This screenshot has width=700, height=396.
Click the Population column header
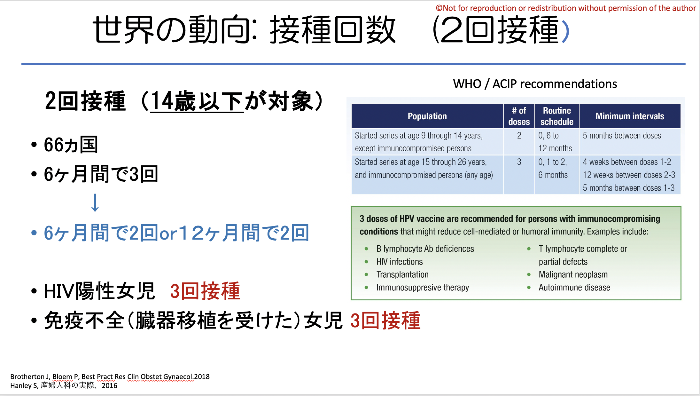click(x=427, y=116)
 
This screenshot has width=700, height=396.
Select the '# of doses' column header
click(x=519, y=116)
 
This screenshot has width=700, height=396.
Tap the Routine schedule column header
click(x=557, y=116)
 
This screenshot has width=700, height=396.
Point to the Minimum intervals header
click(x=630, y=116)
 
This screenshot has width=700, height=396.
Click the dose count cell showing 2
click(x=519, y=136)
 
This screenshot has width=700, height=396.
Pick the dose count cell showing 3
click(x=519, y=162)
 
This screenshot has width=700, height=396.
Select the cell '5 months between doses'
click(x=622, y=136)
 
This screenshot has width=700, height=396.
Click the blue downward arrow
click(x=95, y=202)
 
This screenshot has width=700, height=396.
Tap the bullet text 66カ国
click(x=71, y=145)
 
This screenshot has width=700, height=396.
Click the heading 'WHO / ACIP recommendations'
click(x=535, y=84)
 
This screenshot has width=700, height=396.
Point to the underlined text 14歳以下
click(x=197, y=101)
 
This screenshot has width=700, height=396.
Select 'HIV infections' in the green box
click(x=400, y=262)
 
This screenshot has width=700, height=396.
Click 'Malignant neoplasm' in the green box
click(x=573, y=274)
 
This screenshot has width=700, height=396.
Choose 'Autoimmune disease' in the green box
click(x=574, y=288)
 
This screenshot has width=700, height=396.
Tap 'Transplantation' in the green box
click(x=402, y=274)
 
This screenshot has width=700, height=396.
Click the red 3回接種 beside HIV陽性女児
click(x=205, y=291)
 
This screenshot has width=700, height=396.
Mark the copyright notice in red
click(x=566, y=8)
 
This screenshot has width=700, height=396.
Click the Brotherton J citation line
click(x=110, y=376)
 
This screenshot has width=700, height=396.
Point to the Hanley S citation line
click(x=64, y=385)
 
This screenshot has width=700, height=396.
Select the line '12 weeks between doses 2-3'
click(x=629, y=175)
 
